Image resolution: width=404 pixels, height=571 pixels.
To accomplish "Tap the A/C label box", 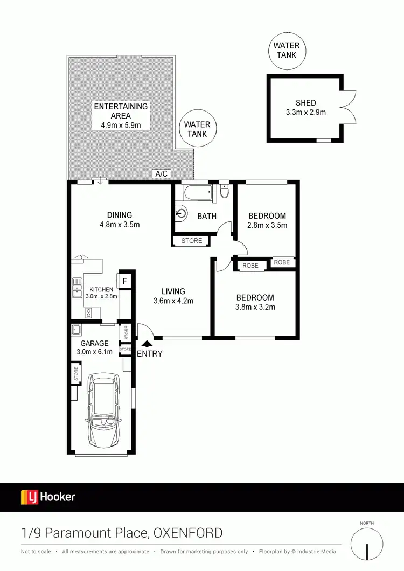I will point(162,174).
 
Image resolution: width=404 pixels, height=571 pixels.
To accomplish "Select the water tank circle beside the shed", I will point(286,51).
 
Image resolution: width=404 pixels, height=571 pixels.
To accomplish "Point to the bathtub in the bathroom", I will point(198,192).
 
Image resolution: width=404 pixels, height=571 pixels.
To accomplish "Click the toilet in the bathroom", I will point(225,191).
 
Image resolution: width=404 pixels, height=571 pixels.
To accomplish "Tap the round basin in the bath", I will point(181,214).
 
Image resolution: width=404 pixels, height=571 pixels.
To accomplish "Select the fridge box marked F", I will point(124,281).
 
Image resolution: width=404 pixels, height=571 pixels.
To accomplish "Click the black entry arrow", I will point(145,343).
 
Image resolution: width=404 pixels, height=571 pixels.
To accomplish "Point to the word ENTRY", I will point(150,354).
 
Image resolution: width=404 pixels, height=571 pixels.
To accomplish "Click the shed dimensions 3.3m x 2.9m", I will point(305,113).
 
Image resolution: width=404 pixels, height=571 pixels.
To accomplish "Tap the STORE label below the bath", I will point(192,241).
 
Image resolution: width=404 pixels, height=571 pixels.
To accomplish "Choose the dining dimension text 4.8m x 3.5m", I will point(120,225).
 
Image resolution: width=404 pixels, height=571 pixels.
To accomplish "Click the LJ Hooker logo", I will point(48,497).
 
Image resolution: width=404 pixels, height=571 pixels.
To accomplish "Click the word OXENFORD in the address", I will point(188,533).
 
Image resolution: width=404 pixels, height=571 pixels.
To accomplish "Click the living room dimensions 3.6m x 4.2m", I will point(173,301).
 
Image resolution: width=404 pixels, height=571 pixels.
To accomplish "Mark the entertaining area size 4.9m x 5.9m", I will point(121,125).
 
